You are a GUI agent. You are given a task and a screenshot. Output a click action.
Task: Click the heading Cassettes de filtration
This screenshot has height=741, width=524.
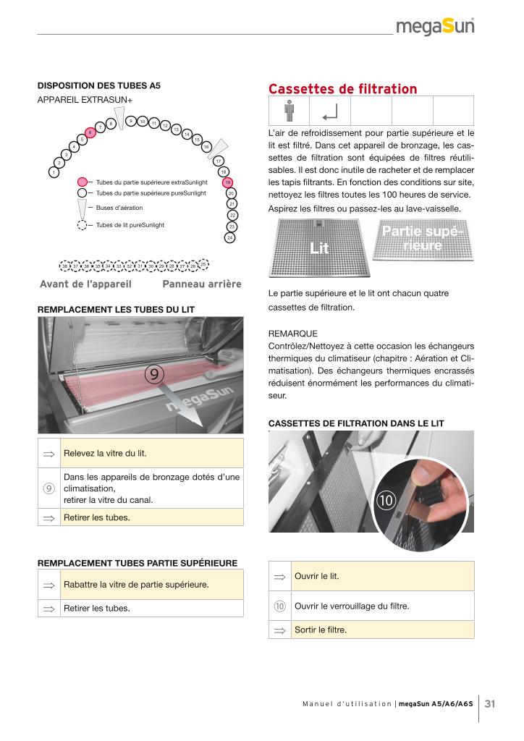click(342, 89)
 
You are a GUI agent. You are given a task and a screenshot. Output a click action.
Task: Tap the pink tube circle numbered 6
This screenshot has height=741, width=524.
click(90, 132)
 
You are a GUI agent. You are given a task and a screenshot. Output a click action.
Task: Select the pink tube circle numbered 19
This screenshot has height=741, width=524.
click(227, 182)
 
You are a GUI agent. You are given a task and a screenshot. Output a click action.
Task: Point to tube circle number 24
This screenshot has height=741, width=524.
click(229, 237)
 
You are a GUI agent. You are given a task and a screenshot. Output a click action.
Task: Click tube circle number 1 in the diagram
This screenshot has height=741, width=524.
click(54, 172)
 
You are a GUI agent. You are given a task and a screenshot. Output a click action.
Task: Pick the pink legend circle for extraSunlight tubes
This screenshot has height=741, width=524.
click(83, 182)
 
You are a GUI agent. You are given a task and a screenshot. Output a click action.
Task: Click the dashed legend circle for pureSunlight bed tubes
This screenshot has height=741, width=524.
click(83, 225)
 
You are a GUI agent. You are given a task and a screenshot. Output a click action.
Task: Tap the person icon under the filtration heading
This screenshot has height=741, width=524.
click(289, 111)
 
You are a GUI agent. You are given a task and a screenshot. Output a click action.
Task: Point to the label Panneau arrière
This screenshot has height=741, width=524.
click(202, 284)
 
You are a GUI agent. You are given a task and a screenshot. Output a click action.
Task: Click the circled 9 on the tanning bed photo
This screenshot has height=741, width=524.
click(155, 374)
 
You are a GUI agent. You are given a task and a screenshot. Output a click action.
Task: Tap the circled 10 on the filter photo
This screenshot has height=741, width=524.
click(384, 500)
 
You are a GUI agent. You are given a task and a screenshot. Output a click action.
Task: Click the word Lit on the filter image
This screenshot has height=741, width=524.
click(319, 248)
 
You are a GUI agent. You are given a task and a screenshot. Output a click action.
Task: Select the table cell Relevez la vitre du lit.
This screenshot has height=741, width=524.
click(151, 454)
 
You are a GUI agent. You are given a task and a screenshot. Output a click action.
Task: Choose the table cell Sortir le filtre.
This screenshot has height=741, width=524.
click(382, 630)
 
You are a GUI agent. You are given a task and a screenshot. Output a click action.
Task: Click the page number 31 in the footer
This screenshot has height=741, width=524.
click(490, 703)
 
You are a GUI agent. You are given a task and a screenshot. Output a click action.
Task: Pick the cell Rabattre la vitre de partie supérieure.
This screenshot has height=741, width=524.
click(151, 584)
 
